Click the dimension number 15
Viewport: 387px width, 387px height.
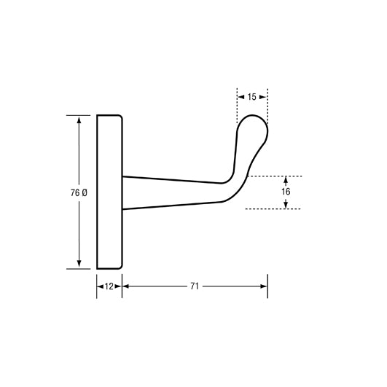[252, 96]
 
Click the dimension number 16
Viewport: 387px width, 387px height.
[285, 191]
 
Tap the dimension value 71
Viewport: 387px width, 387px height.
[195, 286]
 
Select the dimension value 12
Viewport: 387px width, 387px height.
[109, 286]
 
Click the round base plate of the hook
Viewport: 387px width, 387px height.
[109, 192]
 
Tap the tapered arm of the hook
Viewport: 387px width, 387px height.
[171, 192]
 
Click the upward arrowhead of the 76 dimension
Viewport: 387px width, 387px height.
[78, 119]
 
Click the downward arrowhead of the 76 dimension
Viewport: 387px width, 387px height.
[78, 264]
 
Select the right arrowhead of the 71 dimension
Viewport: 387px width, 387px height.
[264, 286]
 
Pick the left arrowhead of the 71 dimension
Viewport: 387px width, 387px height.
[126, 286]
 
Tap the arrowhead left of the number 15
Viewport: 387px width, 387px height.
[241, 96]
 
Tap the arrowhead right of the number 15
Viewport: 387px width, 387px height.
[264, 96]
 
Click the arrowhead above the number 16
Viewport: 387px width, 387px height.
[285, 179]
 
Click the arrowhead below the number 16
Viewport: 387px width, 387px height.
[285, 205]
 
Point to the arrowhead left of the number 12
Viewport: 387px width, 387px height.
[101, 286]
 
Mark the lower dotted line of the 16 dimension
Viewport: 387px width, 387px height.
[273, 209]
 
